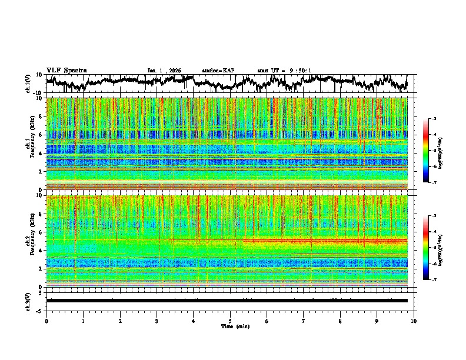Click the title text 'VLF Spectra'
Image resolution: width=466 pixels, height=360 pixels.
click(66, 70)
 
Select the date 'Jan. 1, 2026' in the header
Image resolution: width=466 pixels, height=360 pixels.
click(165, 70)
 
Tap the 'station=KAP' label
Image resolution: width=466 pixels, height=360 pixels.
click(218, 70)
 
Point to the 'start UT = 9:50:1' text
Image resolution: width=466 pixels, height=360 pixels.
click(284, 70)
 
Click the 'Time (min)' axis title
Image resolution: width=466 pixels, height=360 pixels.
click(230, 326)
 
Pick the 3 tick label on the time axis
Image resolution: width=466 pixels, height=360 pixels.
click(157, 321)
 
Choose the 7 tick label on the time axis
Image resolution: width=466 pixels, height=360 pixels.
click(304, 321)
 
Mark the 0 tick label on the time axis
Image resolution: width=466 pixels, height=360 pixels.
click(46, 321)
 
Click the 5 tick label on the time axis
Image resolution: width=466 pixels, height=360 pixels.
click(230, 321)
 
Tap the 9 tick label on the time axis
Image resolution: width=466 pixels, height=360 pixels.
click(377, 321)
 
